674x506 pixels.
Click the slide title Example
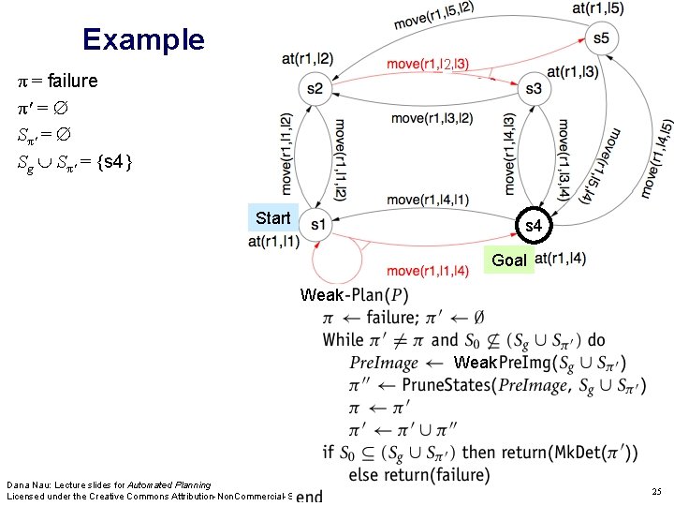pyautogui.click(x=142, y=39)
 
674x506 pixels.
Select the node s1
pyautogui.click(x=317, y=225)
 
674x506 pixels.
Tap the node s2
pyautogui.click(x=314, y=89)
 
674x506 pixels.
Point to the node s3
pyautogui.click(x=534, y=89)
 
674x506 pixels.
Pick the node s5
pyautogui.click(x=600, y=38)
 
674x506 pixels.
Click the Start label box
pyautogui.click(x=273, y=218)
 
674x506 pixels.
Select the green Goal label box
pyautogui.click(x=509, y=260)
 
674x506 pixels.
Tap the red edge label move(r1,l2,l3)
pyautogui.click(x=428, y=64)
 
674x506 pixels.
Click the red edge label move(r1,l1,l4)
pyautogui.click(x=427, y=272)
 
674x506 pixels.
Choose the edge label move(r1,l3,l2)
pyautogui.click(x=432, y=118)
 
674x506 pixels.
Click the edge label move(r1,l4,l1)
pyautogui.click(x=427, y=199)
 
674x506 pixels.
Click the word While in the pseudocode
pyautogui.click(x=343, y=339)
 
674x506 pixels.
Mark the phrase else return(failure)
pyautogui.click(x=418, y=475)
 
